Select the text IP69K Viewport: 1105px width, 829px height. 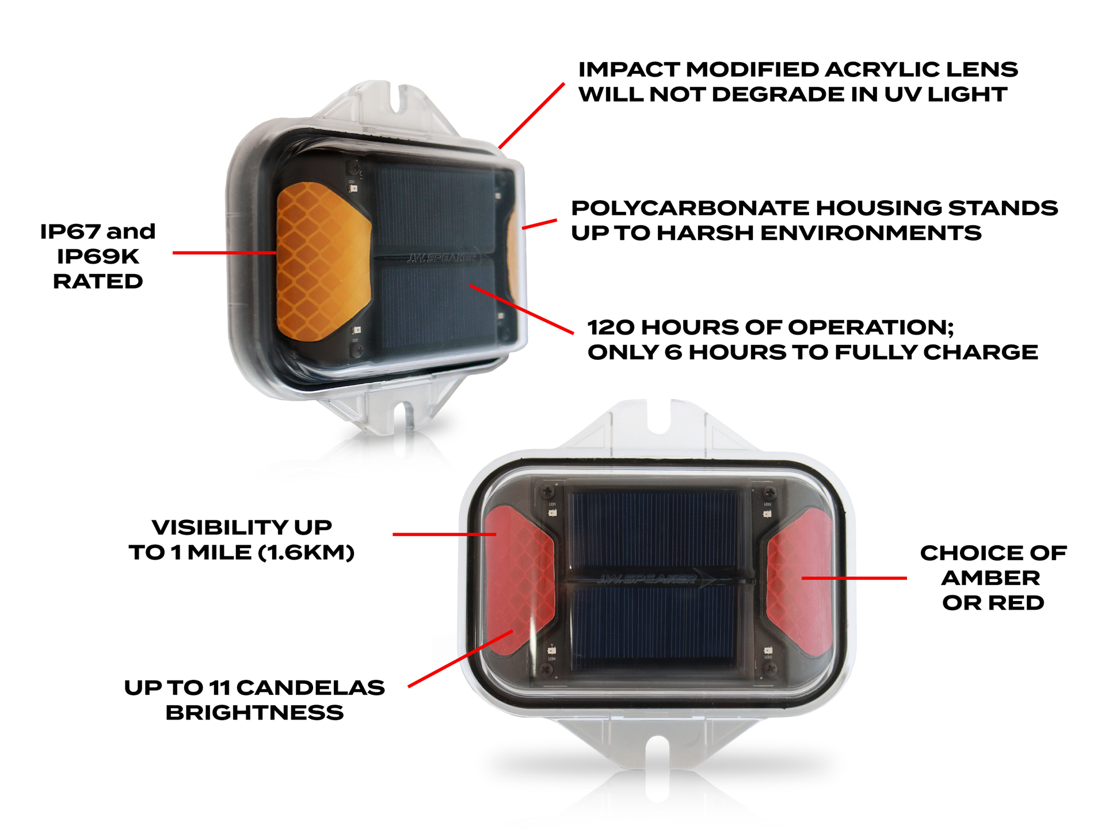[x=98, y=256]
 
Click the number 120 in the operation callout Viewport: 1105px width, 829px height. [x=611, y=328]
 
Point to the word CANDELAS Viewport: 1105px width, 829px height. [x=310, y=687]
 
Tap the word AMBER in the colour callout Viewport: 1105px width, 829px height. [x=990, y=578]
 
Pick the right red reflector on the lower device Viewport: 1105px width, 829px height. [x=802, y=579]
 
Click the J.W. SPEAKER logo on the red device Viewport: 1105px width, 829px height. [x=648, y=579]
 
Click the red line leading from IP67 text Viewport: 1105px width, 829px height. [x=224, y=253]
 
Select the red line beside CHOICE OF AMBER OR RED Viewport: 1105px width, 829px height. [x=854, y=578]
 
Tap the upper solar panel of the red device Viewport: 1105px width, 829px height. [x=654, y=530]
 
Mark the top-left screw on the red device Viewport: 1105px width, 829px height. [x=547, y=492]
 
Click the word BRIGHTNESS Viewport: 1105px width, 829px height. [x=254, y=713]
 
